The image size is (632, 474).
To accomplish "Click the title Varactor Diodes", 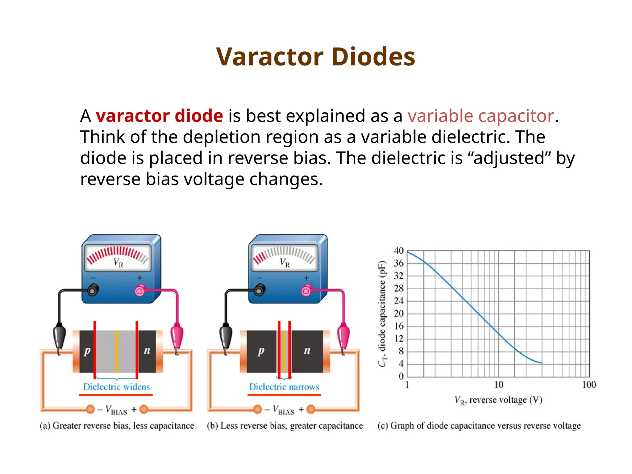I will pyautogui.click(x=316, y=57).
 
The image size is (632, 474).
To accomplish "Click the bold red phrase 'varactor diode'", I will pyautogui.click(x=159, y=116).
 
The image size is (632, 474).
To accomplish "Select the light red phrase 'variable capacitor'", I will pyautogui.click(x=480, y=116).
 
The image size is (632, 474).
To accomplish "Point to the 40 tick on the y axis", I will pyautogui.click(x=398, y=251).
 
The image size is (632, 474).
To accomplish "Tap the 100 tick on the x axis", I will pyautogui.click(x=589, y=385).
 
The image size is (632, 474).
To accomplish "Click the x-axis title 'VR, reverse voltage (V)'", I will pyautogui.click(x=498, y=400).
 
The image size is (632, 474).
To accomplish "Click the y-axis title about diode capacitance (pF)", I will pyautogui.click(x=382, y=314).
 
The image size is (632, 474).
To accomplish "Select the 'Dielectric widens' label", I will pyautogui.click(x=116, y=387).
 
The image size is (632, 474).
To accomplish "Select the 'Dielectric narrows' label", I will pyautogui.click(x=284, y=387).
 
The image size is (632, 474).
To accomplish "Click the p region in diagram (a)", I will pyautogui.click(x=87, y=351).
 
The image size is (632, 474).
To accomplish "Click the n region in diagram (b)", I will pyautogui.click(x=307, y=351).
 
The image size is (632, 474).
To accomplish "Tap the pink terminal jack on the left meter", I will pyautogui.click(x=140, y=290).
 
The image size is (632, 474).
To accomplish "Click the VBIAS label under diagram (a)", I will pyautogui.click(x=117, y=410).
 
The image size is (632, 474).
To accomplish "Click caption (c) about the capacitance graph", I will pyautogui.click(x=479, y=426).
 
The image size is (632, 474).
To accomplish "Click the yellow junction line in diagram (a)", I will pyautogui.click(x=117, y=351).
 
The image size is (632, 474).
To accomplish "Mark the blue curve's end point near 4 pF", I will pyautogui.click(x=541, y=363).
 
